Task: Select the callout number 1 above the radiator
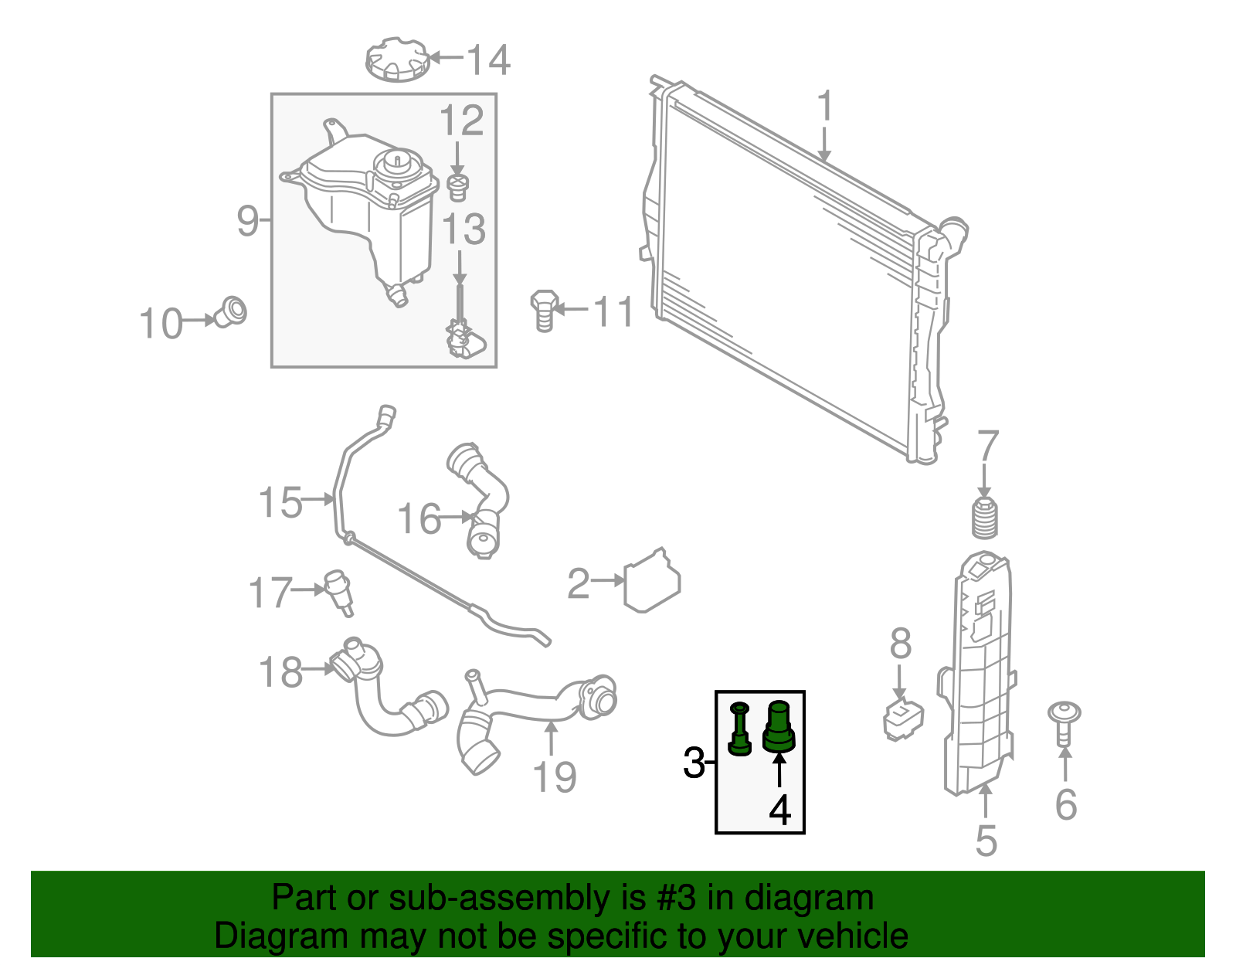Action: click(825, 107)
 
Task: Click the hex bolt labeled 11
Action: click(544, 310)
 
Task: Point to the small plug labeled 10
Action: click(230, 311)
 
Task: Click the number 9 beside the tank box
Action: click(248, 221)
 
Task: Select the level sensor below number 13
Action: click(461, 338)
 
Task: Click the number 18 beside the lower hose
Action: click(280, 671)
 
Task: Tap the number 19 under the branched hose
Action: click(554, 776)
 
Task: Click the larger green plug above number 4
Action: click(779, 727)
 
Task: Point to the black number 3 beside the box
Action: click(694, 763)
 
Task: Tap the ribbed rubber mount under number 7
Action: click(984, 518)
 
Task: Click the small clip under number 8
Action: click(902, 719)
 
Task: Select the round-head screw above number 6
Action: click(1064, 722)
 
